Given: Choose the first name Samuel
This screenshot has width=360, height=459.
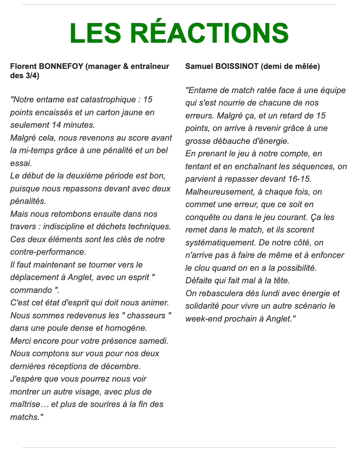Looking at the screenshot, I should [x=197, y=66].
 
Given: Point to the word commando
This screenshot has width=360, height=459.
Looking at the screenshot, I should [x=27, y=290].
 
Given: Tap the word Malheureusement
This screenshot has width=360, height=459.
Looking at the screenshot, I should [x=216, y=192].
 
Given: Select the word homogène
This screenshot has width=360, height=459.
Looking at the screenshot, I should [x=115, y=328].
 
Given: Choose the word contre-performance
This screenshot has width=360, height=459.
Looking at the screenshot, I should [x=48, y=252].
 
